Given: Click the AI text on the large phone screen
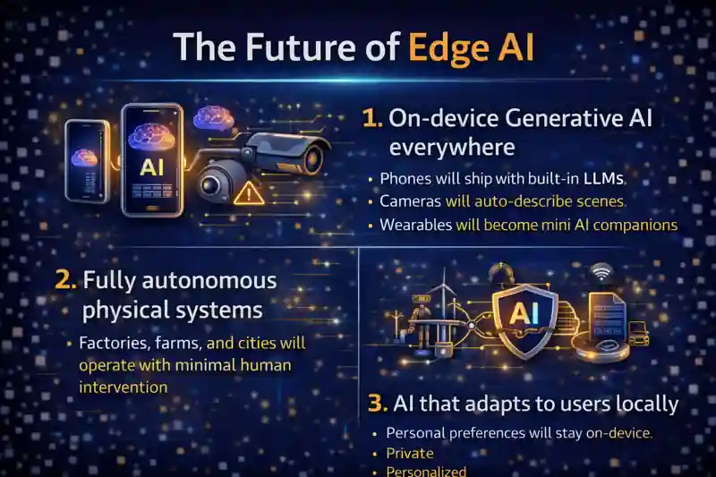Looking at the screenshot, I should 150,166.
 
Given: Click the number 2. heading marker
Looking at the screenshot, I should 64,280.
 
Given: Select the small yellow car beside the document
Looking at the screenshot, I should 638,332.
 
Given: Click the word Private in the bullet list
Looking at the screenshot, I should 409,453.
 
